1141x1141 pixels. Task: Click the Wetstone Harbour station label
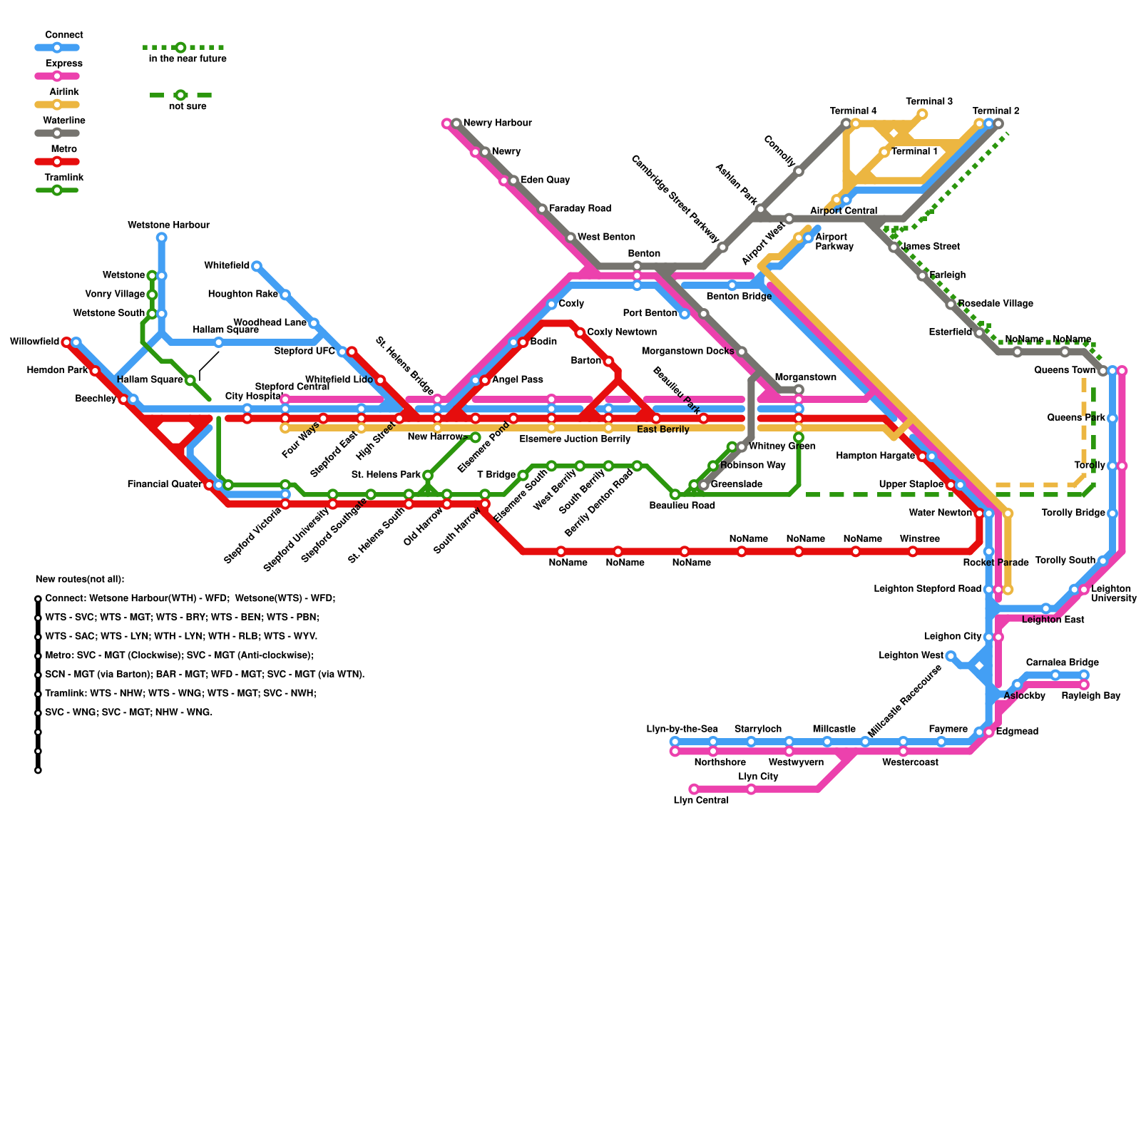(x=168, y=225)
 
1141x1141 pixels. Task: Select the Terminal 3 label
(x=929, y=101)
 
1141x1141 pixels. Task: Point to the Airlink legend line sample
(x=57, y=105)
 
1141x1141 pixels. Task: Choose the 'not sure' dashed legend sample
(x=180, y=95)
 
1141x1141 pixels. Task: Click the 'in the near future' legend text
(x=188, y=59)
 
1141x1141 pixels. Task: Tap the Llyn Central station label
(x=701, y=800)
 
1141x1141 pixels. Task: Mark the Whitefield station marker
(x=257, y=266)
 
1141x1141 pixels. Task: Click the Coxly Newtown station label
(x=622, y=332)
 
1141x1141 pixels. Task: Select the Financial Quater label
(x=165, y=485)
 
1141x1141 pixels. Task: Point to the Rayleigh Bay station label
(x=1090, y=696)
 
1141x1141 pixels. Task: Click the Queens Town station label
(x=1065, y=370)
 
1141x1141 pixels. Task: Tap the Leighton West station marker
(x=951, y=656)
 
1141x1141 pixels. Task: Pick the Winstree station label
(x=919, y=539)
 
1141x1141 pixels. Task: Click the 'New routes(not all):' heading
(x=80, y=579)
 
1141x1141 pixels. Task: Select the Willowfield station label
(x=34, y=342)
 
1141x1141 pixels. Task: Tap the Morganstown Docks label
(x=687, y=352)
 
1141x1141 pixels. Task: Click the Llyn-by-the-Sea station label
(x=682, y=729)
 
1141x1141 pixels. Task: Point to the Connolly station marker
(x=799, y=171)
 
